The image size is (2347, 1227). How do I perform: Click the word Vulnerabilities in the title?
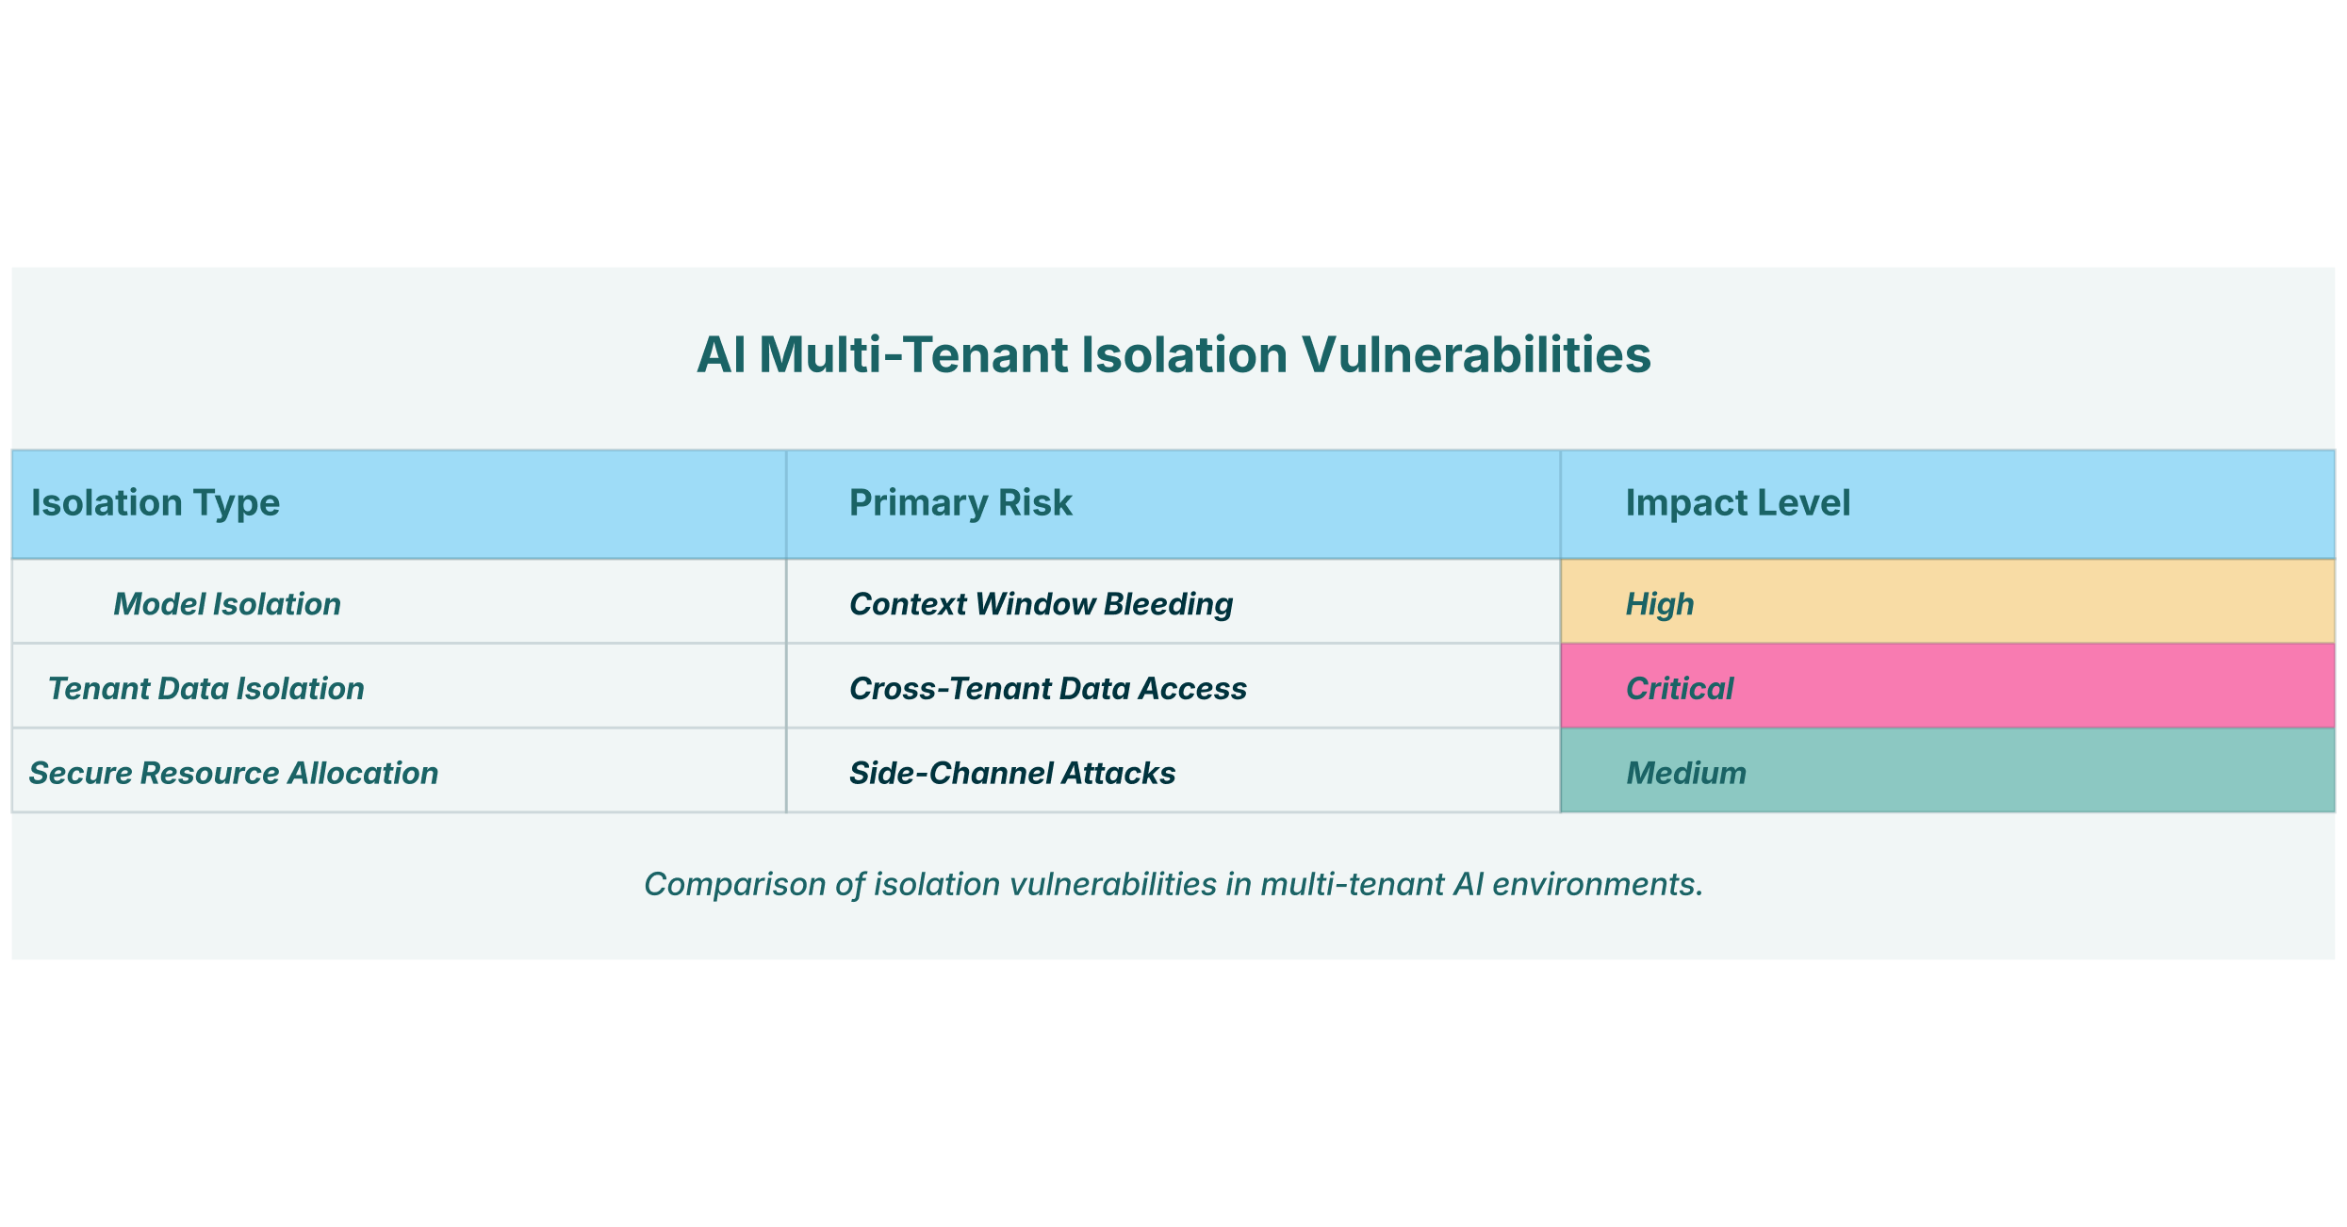(x=1476, y=355)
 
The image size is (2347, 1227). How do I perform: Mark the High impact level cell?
(x=1947, y=601)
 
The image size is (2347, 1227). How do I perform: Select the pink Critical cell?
(x=1947, y=686)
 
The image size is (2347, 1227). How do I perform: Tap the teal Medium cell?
(x=1947, y=770)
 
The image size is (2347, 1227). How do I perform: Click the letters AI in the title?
(x=721, y=355)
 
